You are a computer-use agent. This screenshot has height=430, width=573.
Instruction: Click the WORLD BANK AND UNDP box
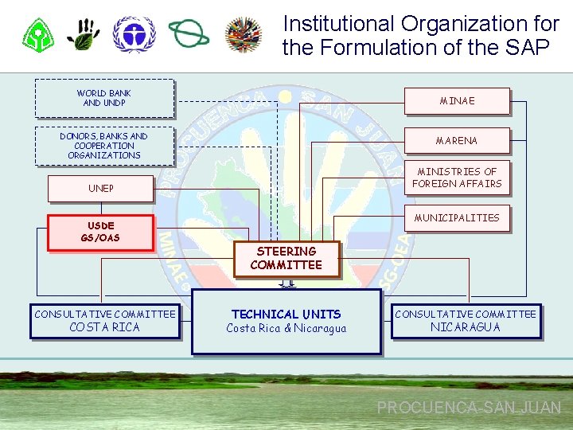(x=104, y=98)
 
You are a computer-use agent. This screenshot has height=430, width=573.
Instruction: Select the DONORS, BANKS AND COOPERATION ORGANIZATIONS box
(x=104, y=146)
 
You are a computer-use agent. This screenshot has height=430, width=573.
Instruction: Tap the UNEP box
(x=101, y=189)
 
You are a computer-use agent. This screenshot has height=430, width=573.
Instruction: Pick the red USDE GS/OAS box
(x=100, y=232)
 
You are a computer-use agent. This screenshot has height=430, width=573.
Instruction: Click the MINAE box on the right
(x=457, y=101)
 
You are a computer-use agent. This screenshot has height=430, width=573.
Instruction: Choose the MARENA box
(x=457, y=141)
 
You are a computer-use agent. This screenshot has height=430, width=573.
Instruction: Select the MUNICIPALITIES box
(x=457, y=217)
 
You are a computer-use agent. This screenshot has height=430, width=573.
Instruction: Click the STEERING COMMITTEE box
(x=286, y=258)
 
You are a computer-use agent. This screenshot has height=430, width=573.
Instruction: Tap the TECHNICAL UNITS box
(x=286, y=321)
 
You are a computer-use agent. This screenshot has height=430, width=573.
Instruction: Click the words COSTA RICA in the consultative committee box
(x=104, y=327)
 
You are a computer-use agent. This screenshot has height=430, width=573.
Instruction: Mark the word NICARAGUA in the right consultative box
(x=466, y=327)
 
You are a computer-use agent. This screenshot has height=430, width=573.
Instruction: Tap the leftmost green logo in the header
(x=37, y=35)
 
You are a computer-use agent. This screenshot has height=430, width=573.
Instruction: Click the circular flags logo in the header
(x=244, y=34)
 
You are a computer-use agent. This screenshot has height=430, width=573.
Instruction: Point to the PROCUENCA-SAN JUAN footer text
(x=469, y=408)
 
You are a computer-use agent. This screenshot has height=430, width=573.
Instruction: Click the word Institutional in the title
(x=339, y=24)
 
